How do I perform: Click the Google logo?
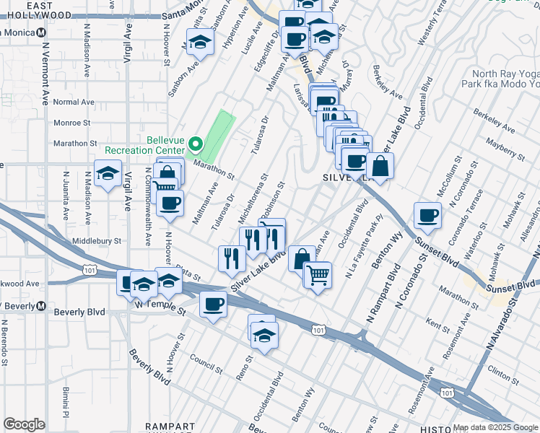(x=24, y=424)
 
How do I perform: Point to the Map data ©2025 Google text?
(x=496, y=427)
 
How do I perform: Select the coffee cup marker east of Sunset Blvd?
(x=427, y=215)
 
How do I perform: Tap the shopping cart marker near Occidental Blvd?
(x=317, y=275)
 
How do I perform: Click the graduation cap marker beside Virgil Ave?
(x=108, y=174)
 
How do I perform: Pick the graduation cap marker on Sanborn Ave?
(x=200, y=42)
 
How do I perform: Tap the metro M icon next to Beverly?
(x=41, y=306)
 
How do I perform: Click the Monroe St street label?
(x=71, y=123)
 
